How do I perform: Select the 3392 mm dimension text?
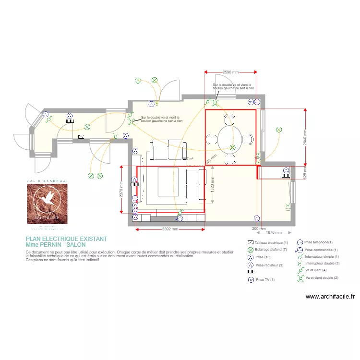(170, 229)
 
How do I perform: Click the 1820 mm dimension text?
(212, 182)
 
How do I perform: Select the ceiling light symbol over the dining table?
(232, 148)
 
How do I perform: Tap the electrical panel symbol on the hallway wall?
(81, 137)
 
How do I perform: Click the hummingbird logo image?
(47, 204)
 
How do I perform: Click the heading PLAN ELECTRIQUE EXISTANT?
(66, 239)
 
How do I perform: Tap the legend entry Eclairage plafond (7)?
(271, 250)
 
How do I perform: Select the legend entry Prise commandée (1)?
(321, 250)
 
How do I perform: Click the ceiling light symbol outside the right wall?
(278, 130)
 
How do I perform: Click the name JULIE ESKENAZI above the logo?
(47, 180)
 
